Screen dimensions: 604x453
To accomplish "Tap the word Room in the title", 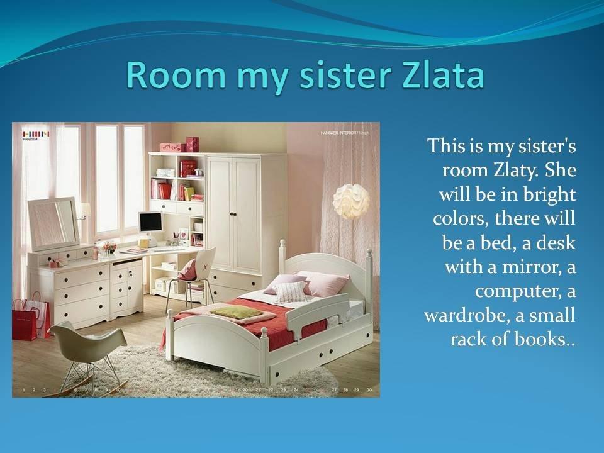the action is tap(176, 74).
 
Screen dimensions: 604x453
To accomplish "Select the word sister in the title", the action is tap(346, 74).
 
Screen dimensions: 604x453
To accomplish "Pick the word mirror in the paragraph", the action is tap(531, 267).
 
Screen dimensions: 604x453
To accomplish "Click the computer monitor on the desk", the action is tap(150, 223).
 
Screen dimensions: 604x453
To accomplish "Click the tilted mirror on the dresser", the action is tap(53, 223).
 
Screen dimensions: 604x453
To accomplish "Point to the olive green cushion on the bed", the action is tap(235, 311).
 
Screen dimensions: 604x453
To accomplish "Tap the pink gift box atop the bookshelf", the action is tap(172, 147).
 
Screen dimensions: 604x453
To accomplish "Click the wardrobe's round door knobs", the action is tap(233, 213).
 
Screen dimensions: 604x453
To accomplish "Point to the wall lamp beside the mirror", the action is tap(84, 211).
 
